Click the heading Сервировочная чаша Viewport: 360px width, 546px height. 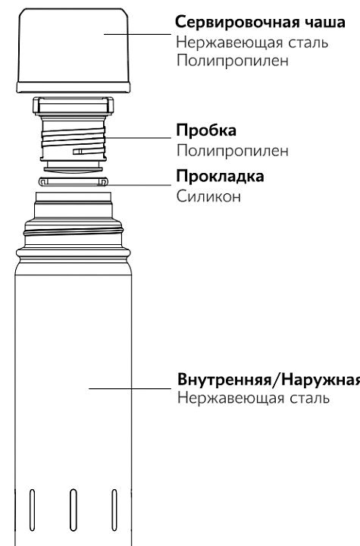pos(260,23)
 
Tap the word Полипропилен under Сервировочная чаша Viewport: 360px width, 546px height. pos(232,61)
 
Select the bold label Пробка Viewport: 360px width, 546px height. pos(206,130)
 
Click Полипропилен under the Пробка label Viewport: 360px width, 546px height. pos(232,151)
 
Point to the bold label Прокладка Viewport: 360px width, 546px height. pos(220,176)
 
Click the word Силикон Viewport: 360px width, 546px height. pos(208,196)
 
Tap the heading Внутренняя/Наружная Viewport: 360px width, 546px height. pos(268,379)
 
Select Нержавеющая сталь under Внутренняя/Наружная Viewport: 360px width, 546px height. pos(253,398)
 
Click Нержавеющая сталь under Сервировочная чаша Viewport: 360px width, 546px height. pos(252,42)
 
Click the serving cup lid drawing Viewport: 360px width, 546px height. pos(73,51)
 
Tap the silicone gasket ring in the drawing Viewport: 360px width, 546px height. pos(73,181)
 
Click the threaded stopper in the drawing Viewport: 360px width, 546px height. pos(73,135)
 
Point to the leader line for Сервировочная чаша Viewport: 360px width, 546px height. pos(137,34)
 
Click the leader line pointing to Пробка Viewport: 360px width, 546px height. pos(137,138)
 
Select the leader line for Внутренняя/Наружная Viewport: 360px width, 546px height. pos(130,388)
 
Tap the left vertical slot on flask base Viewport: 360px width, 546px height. pos(32,510)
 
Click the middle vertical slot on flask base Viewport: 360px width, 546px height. pos(73,510)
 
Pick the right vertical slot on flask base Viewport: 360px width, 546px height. pos(114,510)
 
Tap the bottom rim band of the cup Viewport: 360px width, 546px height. pos(73,88)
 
